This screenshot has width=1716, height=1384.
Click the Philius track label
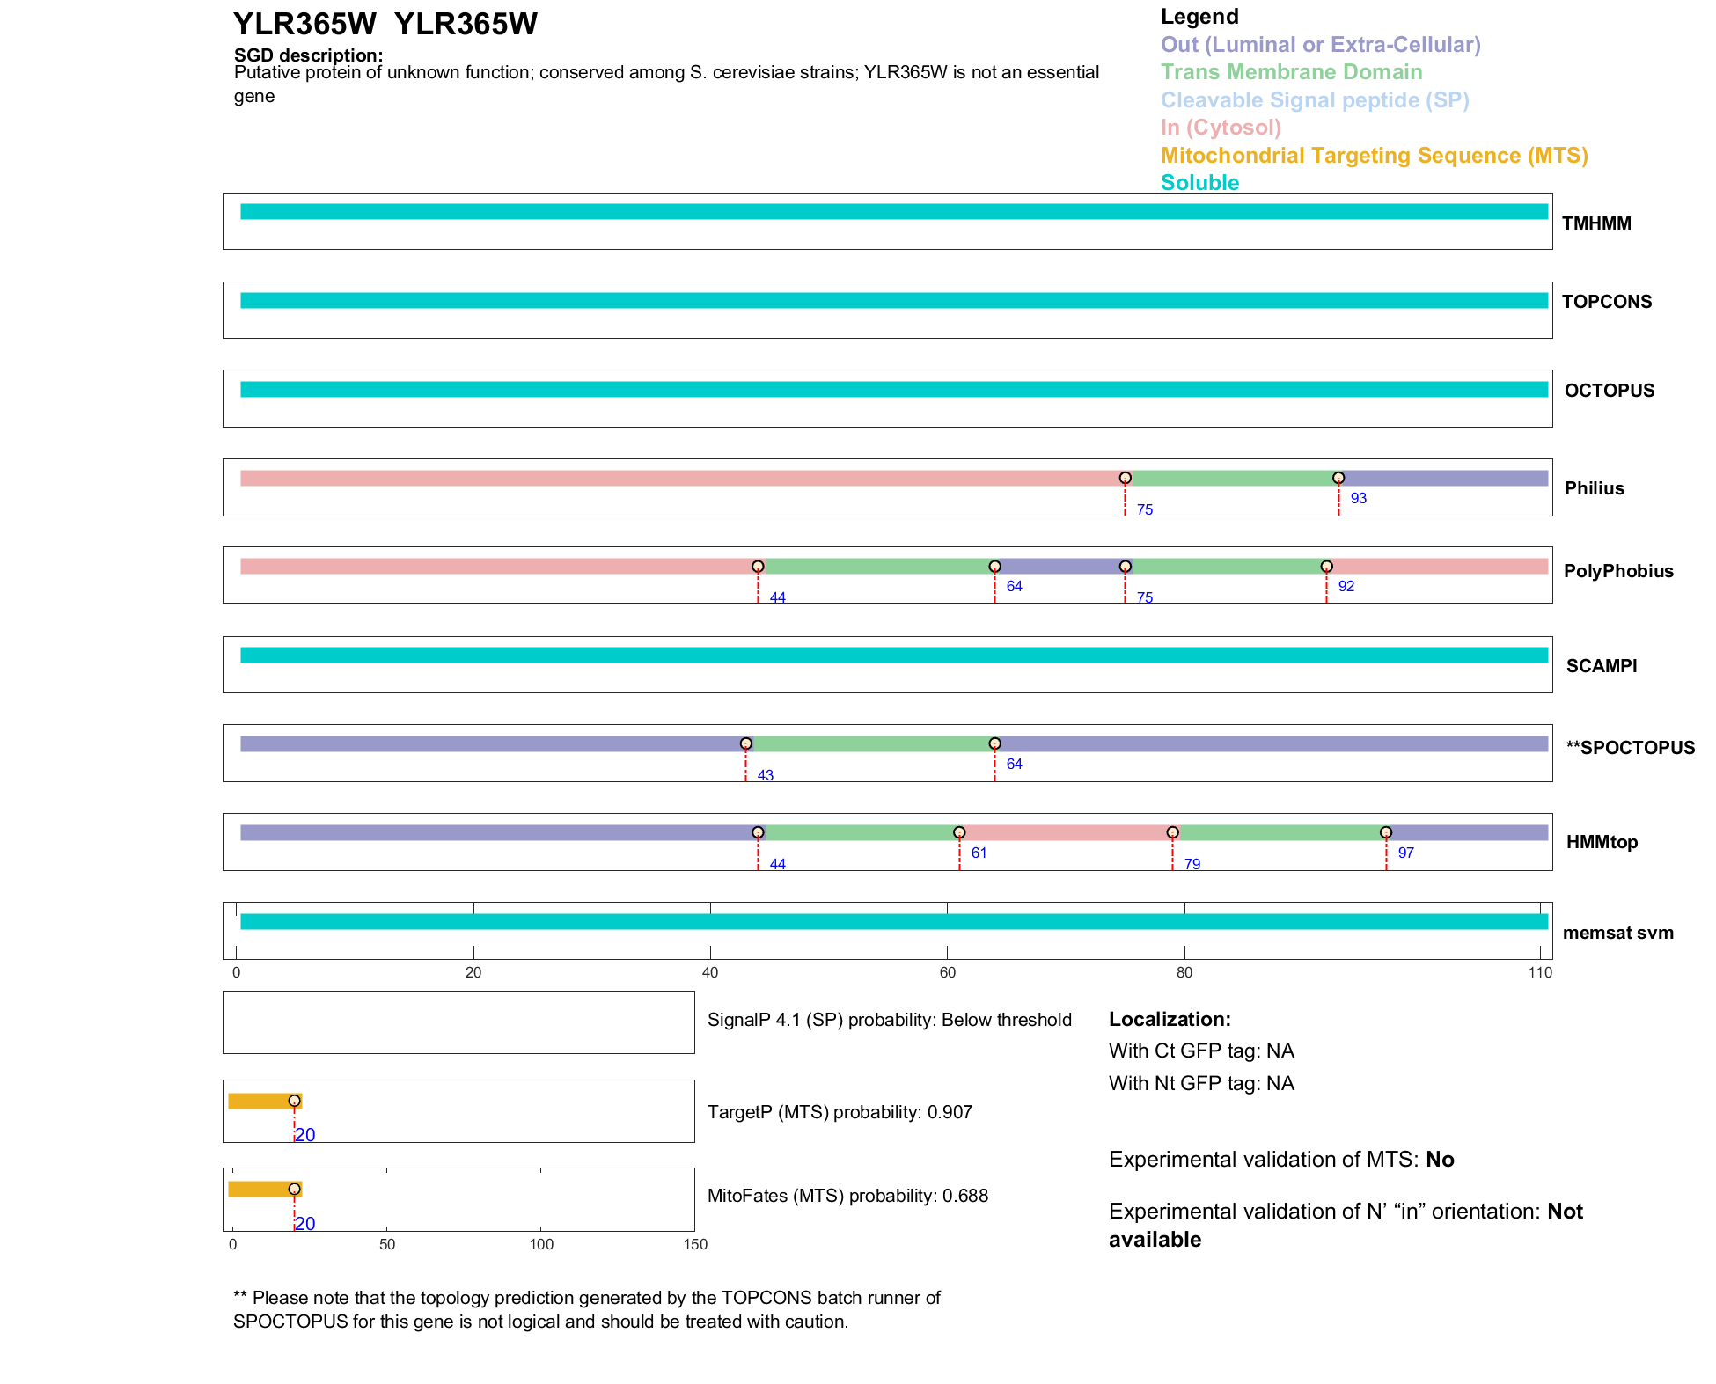[1594, 488]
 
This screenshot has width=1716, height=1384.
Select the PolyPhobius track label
[1617, 571]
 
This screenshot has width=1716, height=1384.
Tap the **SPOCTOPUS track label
[1630, 748]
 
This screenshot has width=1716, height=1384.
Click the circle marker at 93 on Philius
[1338, 478]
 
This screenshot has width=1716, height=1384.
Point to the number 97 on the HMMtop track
[1405, 853]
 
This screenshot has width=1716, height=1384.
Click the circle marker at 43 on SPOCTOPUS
[746, 743]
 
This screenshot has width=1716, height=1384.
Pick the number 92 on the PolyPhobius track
[1346, 586]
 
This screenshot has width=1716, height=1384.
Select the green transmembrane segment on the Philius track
[1231, 478]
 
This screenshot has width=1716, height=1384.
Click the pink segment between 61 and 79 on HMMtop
[1066, 832]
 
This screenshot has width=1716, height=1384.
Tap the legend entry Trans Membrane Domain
[1291, 72]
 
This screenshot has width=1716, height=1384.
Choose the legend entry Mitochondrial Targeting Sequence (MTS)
[1374, 156]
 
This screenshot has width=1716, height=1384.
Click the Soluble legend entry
[1199, 183]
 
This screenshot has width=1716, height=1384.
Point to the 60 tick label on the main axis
[947, 972]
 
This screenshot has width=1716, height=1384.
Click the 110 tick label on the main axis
[1540, 972]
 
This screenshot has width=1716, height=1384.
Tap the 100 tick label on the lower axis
[541, 1244]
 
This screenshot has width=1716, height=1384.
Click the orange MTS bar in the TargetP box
[261, 1101]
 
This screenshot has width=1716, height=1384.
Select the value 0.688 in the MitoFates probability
[965, 1196]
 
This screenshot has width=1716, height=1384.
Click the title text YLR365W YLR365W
[385, 24]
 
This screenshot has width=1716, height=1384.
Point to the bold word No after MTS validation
[1440, 1160]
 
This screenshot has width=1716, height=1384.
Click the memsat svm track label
[1617, 933]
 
